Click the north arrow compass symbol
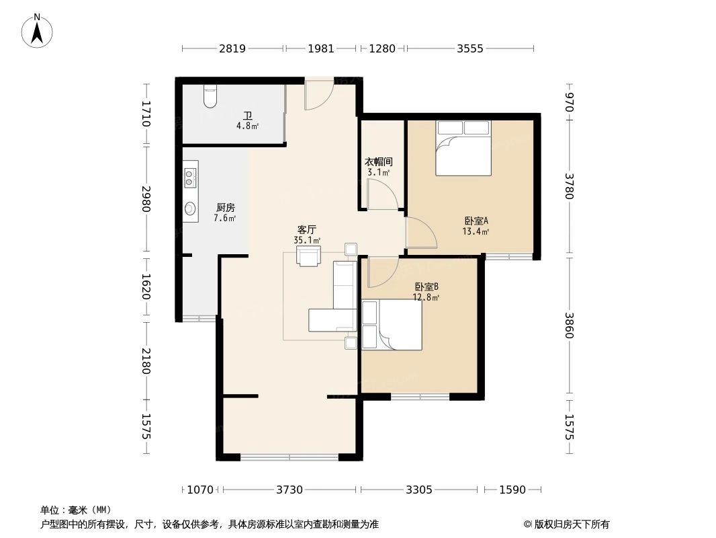coord(37,31)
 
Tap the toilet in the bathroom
coord(210,97)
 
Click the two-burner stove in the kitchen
coord(190,177)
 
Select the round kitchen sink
coord(190,209)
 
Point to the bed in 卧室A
coord(463,148)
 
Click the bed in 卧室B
coord(392,325)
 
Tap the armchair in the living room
coord(309,255)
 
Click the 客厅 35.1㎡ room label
coord(307,235)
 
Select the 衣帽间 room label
coord(379,162)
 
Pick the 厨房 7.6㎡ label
coord(225,213)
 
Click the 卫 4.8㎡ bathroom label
coord(247,121)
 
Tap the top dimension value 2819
coord(232,48)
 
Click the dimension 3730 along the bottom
coord(289,490)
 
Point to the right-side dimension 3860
coord(569,325)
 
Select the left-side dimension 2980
coord(146,199)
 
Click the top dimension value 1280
coord(382,48)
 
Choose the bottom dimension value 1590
coord(512,490)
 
